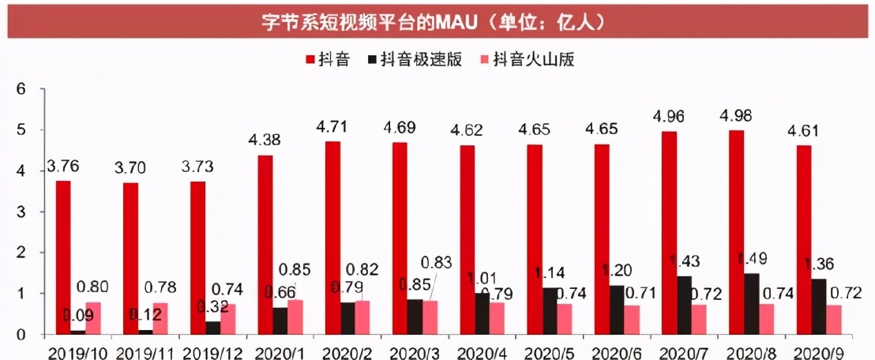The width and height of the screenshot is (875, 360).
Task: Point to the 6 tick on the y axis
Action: [x=21, y=88]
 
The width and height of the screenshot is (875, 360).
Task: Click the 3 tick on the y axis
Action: [x=21, y=212]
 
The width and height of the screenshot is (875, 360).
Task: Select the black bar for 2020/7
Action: [x=685, y=305]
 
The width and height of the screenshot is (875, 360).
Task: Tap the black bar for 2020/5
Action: [x=550, y=311]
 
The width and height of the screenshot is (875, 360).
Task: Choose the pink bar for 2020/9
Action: [x=834, y=320]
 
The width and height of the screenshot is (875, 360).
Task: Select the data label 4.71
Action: [x=332, y=127]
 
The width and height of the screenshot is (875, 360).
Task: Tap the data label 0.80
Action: [x=93, y=287]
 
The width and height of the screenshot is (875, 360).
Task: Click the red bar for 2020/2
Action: [x=332, y=238]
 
